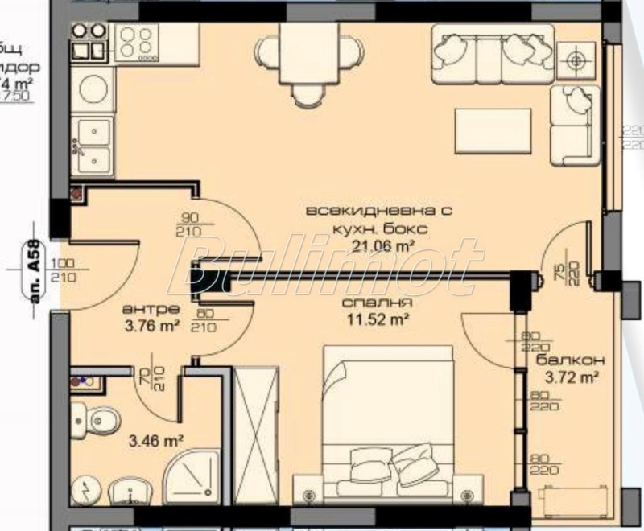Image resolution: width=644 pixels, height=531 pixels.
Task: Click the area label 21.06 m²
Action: [x=377, y=248]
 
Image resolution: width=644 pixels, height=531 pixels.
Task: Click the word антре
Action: [x=139, y=309]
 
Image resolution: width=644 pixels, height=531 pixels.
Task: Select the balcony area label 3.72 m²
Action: [x=571, y=375]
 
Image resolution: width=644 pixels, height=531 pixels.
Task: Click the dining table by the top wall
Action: [x=306, y=53]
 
